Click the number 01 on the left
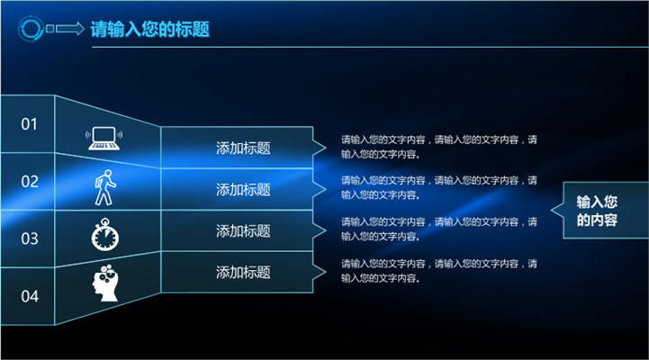[29, 124]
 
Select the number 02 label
[30, 181]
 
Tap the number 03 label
[30, 238]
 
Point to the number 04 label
[30, 296]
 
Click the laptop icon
[104, 139]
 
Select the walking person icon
[105, 187]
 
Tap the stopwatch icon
[105, 235]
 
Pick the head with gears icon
[105, 283]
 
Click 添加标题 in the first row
[243, 148]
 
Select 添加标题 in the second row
[243, 190]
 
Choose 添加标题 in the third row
[243, 231]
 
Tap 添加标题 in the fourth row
[243, 273]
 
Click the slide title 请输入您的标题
[149, 29]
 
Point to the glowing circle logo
[31, 29]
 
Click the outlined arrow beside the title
[70, 29]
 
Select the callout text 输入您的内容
[597, 211]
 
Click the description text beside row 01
[439, 147]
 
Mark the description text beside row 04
[439, 271]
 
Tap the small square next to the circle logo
[50, 29]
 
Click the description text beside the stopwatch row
[439, 229]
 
